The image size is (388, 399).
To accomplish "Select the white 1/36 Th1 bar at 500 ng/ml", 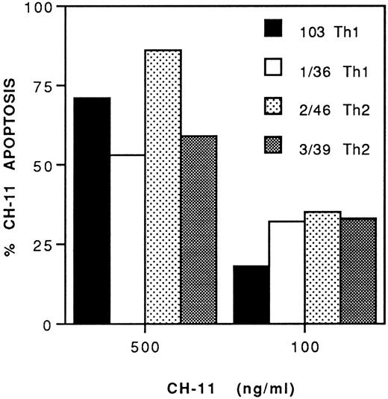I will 128,239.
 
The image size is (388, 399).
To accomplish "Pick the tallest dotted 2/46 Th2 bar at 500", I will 163,187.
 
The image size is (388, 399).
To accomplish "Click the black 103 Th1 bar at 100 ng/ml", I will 251,295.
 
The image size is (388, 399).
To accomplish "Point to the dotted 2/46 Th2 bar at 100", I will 322,268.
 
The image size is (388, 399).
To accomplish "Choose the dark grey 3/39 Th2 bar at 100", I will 358,271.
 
